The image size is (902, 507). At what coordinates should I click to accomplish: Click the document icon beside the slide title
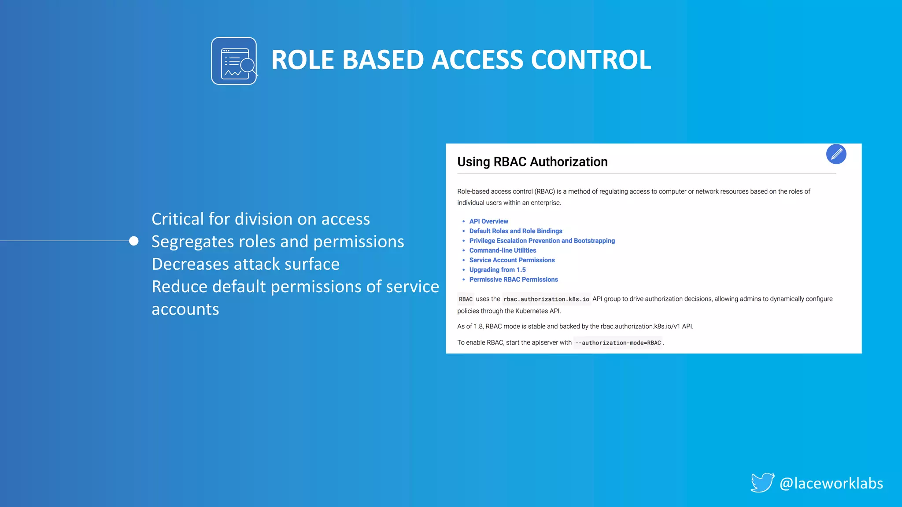(x=234, y=61)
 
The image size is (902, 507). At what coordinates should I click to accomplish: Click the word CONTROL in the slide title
(x=591, y=60)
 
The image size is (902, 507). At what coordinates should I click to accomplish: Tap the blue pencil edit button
(x=836, y=154)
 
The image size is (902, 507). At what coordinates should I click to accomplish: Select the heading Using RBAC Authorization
(x=532, y=162)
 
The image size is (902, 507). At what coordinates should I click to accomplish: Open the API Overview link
(x=488, y=221)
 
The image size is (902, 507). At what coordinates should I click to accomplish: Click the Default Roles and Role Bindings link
(x=515, y=231)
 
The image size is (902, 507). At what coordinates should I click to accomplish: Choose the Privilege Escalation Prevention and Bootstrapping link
(x=542, y=241)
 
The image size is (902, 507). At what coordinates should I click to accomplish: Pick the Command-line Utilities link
(x=503, y=250)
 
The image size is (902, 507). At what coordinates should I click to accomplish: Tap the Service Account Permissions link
(x=512, y=260)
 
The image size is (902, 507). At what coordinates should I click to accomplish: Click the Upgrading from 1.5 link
(x=497, y=270)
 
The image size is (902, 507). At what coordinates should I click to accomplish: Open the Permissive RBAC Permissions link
(x=514, y=279)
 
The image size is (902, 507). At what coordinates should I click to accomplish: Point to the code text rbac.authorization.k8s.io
(x=546, y=299)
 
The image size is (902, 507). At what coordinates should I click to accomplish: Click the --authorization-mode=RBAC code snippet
(x=617, y=343)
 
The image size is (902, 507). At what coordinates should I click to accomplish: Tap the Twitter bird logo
(x=762, y=483)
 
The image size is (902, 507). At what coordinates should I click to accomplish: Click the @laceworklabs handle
(x=831, y=483)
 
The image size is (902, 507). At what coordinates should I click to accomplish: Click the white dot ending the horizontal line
(x=134, y=241)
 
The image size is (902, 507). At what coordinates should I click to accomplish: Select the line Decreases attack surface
(x=245, y=264)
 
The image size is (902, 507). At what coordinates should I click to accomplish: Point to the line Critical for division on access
(x=260, y=219)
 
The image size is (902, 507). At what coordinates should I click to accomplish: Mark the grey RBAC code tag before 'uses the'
(x=466, y=299)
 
